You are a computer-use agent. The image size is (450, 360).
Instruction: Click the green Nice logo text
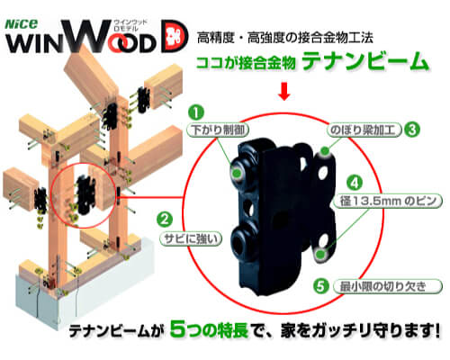(22, 24)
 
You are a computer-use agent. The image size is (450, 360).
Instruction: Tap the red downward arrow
(283, 91)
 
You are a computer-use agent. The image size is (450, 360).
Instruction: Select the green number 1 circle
(196, 112)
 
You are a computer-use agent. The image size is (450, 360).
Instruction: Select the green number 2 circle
(165, 220)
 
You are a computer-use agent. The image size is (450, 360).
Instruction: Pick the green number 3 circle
(412, 130)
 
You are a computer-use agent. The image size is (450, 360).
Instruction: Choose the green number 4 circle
(355, 183)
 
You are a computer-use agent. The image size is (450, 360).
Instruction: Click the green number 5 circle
(321, 286)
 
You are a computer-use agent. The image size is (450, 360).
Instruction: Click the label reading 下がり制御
(218, 130)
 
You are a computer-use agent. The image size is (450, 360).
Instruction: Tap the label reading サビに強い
(191, 238)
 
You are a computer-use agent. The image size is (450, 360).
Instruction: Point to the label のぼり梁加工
(364, 130)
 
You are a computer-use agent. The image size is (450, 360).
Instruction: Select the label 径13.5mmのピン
(388, 201)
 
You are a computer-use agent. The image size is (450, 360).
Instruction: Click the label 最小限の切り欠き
(388, 286)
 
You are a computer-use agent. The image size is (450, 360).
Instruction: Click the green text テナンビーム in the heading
(365, 61)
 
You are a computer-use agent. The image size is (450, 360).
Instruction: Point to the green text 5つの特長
(209, 329)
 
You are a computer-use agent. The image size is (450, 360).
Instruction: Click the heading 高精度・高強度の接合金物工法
(285, 38)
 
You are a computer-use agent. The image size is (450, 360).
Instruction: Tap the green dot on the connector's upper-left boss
(237, 173)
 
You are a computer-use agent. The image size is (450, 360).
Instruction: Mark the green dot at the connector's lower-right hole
(320, 255)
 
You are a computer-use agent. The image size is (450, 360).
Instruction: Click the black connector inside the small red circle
(85, 197)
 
